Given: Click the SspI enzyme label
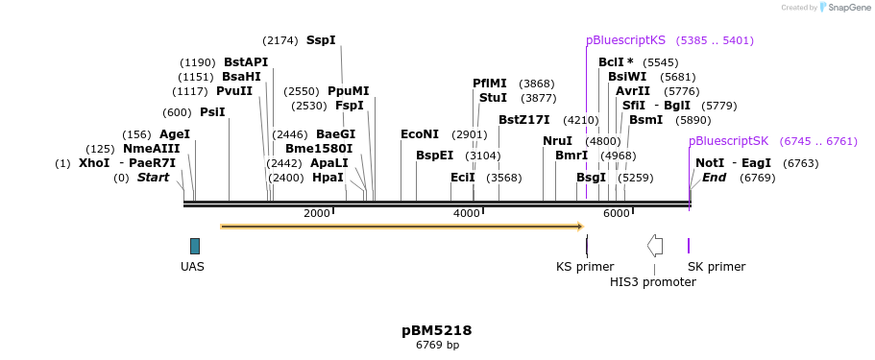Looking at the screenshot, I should [x=321, y=40].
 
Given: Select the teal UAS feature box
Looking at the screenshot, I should [x=195, y=246].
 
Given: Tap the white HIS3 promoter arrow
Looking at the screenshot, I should [x=655, y=246].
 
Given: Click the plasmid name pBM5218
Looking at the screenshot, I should [x=437, y=330].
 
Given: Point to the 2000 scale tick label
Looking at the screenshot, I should [x=317, y=213].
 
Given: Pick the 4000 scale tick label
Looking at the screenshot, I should [x=466, y=213].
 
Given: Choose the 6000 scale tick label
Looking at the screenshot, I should [x=616, y=213].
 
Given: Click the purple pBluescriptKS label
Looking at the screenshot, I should [x=625, y=40].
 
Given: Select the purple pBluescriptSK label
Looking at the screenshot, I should [x=728, y=141].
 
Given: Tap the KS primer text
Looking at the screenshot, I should [x=585, y=267].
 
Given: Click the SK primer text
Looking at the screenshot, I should [x=717, y=267].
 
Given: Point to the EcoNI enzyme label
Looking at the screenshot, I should [x=420, y=134].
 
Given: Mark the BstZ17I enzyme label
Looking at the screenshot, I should [x=523, y=120].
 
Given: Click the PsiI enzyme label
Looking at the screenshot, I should [x=212, y=112].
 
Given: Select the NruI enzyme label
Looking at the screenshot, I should [x=557, y=141].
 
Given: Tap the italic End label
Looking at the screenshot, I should [x=714, y=178].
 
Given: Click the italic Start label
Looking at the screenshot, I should [x=153, y=178].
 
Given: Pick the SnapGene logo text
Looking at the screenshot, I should [x=846, y=8].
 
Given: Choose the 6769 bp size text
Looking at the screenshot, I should [x=437, y=345].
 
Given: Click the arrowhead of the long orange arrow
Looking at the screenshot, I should [x=579, y=227].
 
